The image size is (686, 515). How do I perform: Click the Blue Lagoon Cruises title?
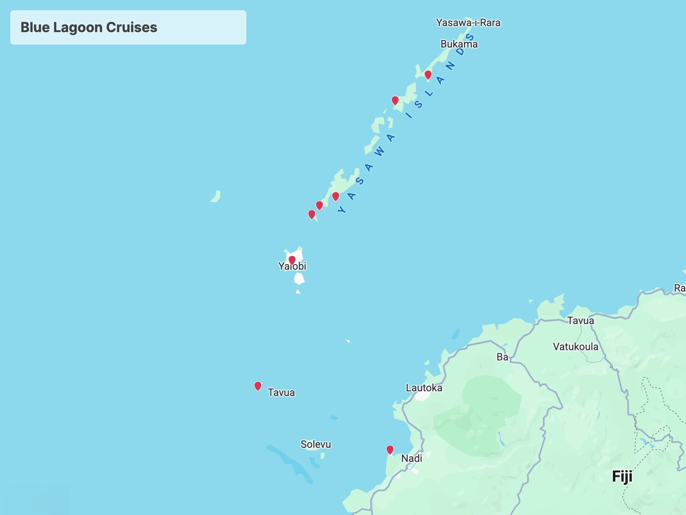coord(89,27)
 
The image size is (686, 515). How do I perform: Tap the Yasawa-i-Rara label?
coord(468,23)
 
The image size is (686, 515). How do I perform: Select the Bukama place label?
coord(459,44)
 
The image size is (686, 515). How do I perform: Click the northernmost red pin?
coord(428,75)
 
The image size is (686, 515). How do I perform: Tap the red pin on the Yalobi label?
coord(292,260)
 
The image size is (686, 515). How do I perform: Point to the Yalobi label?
coord(293,267)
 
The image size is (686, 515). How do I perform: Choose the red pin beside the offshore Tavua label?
coord(258,386)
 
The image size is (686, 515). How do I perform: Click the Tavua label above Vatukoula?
coord(580,321)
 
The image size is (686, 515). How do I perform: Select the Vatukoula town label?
coord(575,347)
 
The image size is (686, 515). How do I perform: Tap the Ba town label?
coord(502,357)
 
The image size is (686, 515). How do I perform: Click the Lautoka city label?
coord(424,388)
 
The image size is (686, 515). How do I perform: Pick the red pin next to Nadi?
coord(390,450)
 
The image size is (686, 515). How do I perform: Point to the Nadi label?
coord(411,458)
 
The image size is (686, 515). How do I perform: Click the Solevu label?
coord(316,444)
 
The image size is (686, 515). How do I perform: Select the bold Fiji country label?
coord(622,476)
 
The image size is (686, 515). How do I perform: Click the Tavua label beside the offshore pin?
coord(281,393)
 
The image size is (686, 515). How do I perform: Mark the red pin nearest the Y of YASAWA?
coord(336,196)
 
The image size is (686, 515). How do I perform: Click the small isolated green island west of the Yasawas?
coord(216,196)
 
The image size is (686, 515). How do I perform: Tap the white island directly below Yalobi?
coord(299,279)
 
